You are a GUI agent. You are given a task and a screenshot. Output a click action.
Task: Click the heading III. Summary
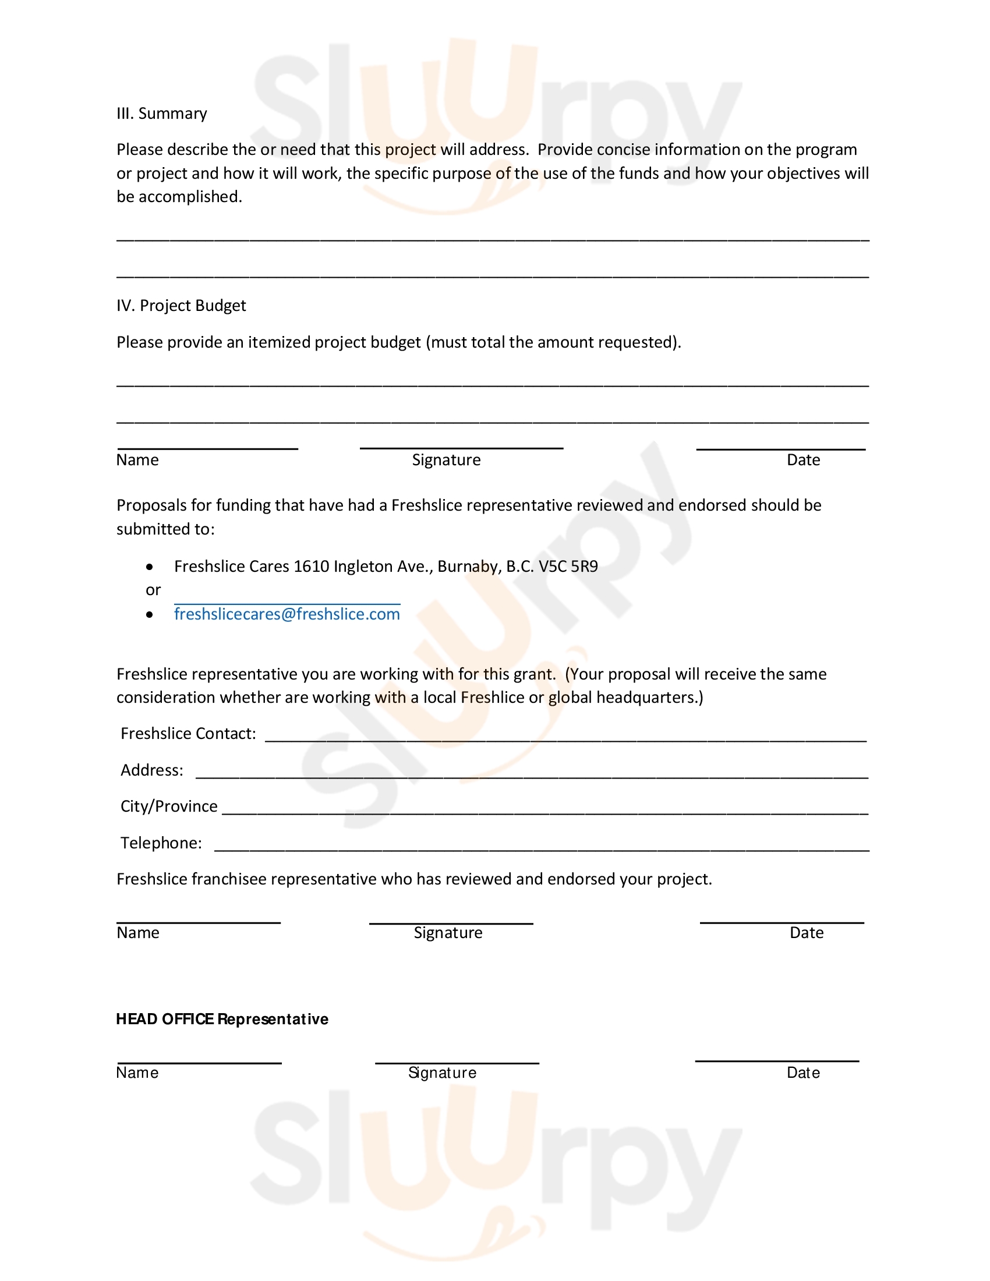[x=161, y=113]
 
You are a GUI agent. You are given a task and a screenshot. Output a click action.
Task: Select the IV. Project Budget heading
[x=181, y=306]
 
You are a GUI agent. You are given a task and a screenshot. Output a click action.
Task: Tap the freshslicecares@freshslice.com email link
[x=287, y=614]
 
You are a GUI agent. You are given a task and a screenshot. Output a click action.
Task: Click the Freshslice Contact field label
[x=188, y=734]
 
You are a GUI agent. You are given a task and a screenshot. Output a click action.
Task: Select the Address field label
[x=152, y=770]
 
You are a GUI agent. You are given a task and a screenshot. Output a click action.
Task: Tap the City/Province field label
[x=169, y=806]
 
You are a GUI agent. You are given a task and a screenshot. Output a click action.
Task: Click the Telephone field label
[x=161, y=843]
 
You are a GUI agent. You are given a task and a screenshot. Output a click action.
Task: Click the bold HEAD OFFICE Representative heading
[x=222, y=1019]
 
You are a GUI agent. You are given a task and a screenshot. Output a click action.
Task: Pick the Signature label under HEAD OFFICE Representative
[x=442, y=1073]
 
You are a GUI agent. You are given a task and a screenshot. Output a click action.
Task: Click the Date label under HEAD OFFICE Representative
[x=803, y=1073]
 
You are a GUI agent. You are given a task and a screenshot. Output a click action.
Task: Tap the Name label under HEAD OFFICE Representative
[x=137, y=1073]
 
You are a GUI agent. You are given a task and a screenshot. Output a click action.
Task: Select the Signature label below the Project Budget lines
[x=446, y=460]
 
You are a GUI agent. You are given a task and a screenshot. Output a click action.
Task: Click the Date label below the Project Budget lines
[x=803, y=460]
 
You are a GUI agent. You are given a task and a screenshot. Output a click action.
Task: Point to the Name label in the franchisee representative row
[x=138, y=933]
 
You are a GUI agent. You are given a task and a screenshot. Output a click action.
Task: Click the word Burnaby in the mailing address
[x=468, y=567]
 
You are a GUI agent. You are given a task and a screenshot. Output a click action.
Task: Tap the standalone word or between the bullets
[x=153, y=590]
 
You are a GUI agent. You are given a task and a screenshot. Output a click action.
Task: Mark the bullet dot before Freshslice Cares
[x=150, y=567]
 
